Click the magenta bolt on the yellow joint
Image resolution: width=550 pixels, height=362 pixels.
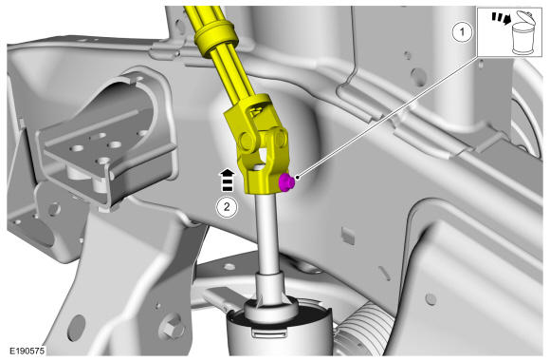click(x=285, y=182)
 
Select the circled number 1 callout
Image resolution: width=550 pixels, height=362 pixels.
click(x=462, y=32)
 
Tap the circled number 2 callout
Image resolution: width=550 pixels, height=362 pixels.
click(x=227, y=207)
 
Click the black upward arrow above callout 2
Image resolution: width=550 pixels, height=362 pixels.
click(x=228, y=181)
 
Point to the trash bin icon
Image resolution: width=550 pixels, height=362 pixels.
click(x=523, y=32)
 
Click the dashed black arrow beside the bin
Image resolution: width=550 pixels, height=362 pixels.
click(x=501, y=18)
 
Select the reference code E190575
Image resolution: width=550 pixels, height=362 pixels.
click(x=27, y=351)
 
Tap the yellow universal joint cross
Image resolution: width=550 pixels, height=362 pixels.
click(x=263, y=141)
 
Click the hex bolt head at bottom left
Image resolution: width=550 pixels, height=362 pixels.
click(x=172, y=329)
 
